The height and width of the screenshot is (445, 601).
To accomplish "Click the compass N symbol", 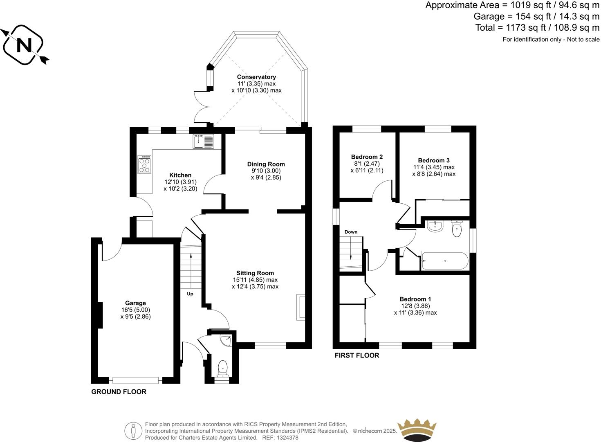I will click(23, 45).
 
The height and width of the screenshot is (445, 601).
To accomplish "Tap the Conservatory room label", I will click(256, 77).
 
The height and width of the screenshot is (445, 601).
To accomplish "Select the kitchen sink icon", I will click(203, 142).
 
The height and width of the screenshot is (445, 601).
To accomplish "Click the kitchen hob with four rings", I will click(145, 164).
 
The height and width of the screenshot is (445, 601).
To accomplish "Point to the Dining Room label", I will click(266, 164).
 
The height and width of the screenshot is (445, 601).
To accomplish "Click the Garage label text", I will click(135, 303).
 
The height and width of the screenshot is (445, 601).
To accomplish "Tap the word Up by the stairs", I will click(190, 294).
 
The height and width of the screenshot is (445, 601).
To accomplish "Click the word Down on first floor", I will click(351, 232).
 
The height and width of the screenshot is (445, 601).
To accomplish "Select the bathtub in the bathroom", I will click(445, 261).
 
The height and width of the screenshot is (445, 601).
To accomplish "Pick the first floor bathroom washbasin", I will click(435, 226).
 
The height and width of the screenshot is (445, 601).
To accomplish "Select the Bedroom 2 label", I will click(367, 157).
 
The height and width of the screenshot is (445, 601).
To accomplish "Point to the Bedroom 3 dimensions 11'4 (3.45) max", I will click(433, 167).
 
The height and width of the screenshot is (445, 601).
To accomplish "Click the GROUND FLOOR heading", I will click(119, 391).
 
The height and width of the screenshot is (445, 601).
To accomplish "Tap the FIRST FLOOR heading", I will click(357, 355).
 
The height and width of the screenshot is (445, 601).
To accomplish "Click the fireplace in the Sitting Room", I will click(301, 307).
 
